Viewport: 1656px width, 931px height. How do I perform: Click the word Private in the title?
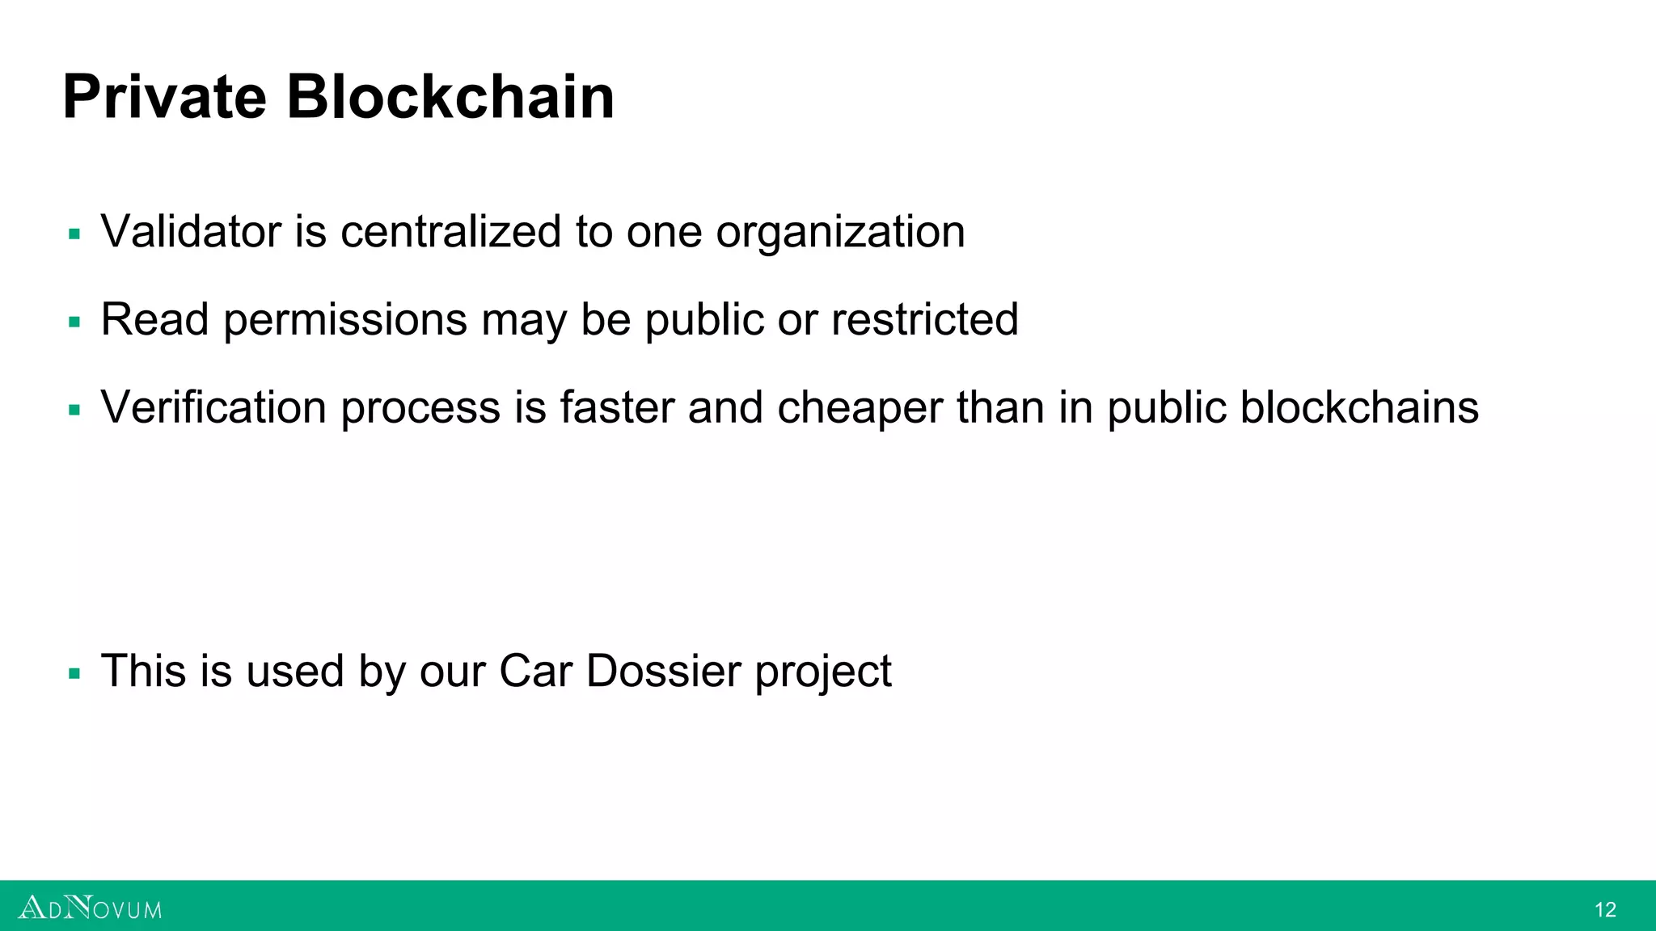coord(164,97)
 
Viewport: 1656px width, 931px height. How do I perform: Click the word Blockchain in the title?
coord(450,97)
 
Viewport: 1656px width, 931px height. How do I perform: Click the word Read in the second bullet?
coord(154,319)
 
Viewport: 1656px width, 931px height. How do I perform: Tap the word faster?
coord(617,407)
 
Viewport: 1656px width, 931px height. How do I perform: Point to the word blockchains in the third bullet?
coord(1359,407)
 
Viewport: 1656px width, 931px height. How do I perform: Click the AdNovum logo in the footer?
coord(90,908)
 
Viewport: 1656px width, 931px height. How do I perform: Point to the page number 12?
coord(1605,910)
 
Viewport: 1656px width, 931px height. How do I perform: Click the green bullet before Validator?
coord(74,235)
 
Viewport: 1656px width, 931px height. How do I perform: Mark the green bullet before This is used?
coord(74,674)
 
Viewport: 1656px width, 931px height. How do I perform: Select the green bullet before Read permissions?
coord(74,322)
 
